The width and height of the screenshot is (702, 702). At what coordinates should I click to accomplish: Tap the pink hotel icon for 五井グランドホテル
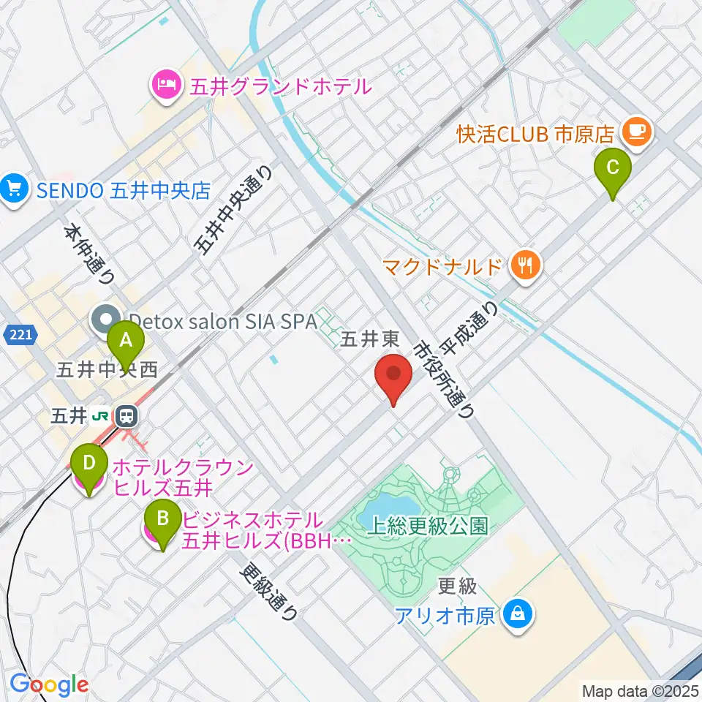click(x=166, y=86)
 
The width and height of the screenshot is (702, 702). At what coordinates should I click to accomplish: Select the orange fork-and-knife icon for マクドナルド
click(x=524, y=264)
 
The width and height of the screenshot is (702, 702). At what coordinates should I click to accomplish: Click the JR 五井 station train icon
click(x=127, y=417)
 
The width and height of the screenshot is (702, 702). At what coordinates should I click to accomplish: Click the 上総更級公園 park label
click(x=428, y=527)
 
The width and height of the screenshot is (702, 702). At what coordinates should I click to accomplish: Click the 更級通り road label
click(x=271, y=591)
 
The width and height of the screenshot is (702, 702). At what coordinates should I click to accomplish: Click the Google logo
click(x=49, y=684)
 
